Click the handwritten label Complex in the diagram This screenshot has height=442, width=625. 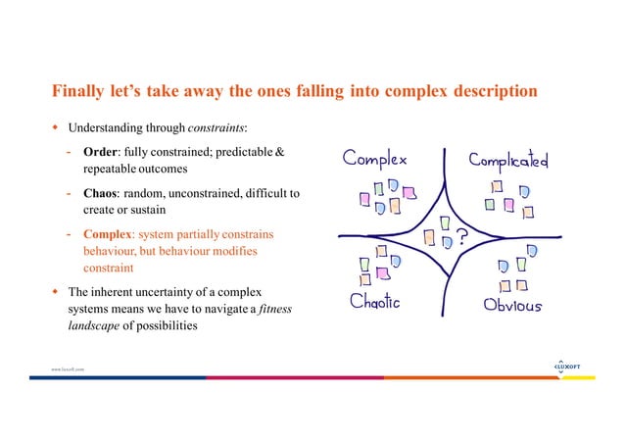click(374, 161)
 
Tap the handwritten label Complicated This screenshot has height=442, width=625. click(508, 159)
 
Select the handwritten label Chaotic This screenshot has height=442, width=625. click(375, 302)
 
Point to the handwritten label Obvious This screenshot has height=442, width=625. click(513, 303)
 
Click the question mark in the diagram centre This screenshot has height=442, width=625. click(460, 236)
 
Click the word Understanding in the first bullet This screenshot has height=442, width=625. click(105, 127)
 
